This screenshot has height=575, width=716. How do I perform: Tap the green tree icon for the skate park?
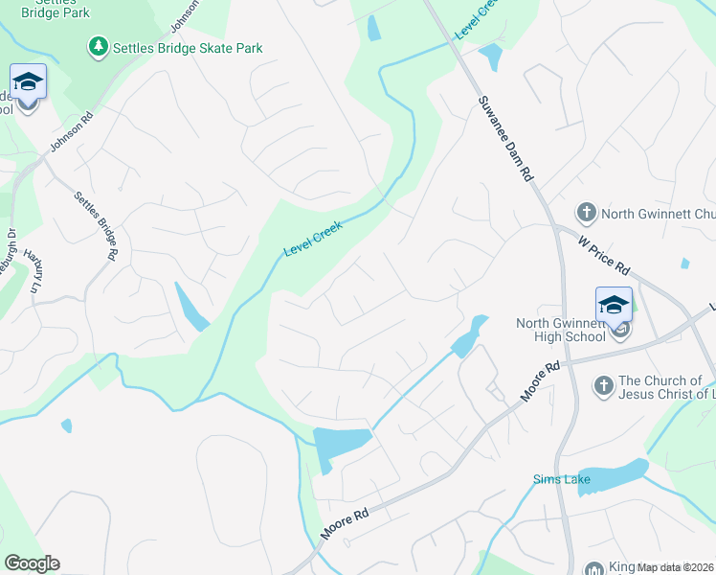click(97, 46)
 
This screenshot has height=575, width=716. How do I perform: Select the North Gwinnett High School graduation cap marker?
click(614, 306)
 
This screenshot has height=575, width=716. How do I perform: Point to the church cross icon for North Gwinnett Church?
click(585, 212)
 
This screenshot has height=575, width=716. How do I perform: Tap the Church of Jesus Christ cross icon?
click(603, 386)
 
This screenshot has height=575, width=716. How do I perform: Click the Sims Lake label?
click(554, 478)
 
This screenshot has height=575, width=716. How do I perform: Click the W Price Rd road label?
click(604, 255)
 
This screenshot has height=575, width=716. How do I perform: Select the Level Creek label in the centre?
click(312, 237)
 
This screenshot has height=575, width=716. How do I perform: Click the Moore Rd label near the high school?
click(539, 381)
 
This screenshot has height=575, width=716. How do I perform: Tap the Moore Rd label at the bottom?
click(346, 525)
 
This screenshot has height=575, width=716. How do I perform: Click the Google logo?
click(32, 563)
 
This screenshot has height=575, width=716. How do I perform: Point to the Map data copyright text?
click(675, 567)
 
